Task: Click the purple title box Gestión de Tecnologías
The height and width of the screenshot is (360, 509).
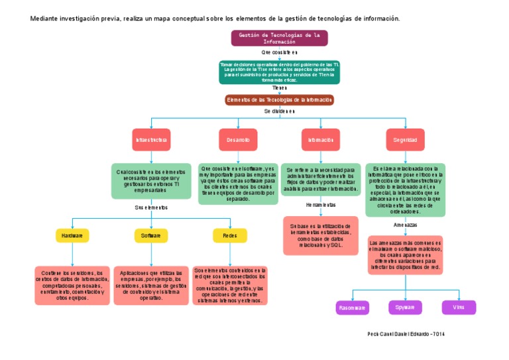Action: click(279, 38)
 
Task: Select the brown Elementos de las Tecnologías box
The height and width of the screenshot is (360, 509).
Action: click(279, 100)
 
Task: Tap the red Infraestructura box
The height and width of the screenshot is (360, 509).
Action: click(152, 140)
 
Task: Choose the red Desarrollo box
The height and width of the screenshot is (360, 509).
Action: click(238, 140)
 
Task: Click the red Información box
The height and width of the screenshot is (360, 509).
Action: click(321, 140)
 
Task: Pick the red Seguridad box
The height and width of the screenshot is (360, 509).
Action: click(405, 140)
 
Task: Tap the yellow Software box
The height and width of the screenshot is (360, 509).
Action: click(151, 235)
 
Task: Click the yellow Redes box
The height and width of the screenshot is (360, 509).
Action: click(230, 235)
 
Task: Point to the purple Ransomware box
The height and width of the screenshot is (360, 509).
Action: click(353, 308)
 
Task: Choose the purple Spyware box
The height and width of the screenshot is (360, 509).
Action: click(405, 308)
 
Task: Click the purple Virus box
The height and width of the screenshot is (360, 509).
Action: click(459, 308)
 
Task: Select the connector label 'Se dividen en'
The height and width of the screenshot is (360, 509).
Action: click(279, 111)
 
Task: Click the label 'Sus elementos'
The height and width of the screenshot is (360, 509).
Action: click(151, 208)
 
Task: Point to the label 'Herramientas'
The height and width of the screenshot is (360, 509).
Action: click(321, 206)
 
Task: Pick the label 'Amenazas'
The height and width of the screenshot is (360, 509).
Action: click(405, 225)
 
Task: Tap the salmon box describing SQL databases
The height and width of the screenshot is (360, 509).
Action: click(321, 235)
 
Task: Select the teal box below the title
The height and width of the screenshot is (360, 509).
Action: click(279, 72)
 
